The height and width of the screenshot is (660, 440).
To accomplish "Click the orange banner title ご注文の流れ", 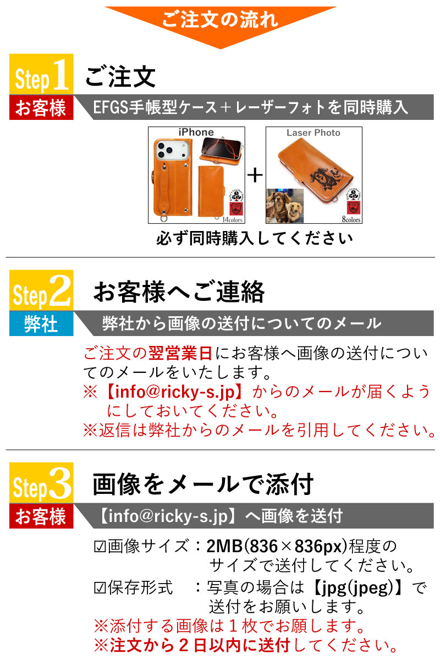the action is pyautogui.click(x=220, y=20).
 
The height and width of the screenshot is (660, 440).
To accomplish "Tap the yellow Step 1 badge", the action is pyautogui.click(x=41, y=74).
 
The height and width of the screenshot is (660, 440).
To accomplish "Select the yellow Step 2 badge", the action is pyautogui.click(x=41, y=290).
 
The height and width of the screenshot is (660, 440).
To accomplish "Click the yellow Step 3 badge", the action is pyautogui.click(x=41, y=483).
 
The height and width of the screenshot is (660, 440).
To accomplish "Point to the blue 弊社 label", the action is pyautogui.click(x=41, y=323).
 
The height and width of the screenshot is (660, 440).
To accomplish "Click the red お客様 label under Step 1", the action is pyautogui.click(x=41, y=108).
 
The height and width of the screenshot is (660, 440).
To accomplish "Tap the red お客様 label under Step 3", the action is pyautogui.click(x=41, y=516).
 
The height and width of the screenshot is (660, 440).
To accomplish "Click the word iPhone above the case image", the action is pyautogui.click(x=196, y=133).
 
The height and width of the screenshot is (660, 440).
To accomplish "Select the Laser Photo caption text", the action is pyautogui.click(x=313, y=133).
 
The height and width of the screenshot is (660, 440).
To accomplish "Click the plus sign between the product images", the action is pyautogui.click(x=255, y=175).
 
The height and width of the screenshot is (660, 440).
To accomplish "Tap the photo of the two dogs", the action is pyautogui.click(x=285, y=206).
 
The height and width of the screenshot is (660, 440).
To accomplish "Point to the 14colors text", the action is pyautogui.click(x=232, y=219).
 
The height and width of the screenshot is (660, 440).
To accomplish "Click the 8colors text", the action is pyautogui.click(x=351, y=219).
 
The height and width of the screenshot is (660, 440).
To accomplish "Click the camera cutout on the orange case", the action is pyautogui.click(x=172, y=151).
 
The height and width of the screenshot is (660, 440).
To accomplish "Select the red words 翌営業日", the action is pyautogui.click(x=180, y=353).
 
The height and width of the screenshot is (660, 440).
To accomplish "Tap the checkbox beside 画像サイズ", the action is pyautogui.click(x=100, y=547).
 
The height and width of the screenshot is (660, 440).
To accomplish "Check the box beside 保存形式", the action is pyautogui.click(x=100, y=588).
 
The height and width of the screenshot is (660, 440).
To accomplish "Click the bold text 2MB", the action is pyautogui.click(x=224, y=546).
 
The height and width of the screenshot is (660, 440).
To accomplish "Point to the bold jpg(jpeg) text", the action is pyautogui.click(x=356, y=587).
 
